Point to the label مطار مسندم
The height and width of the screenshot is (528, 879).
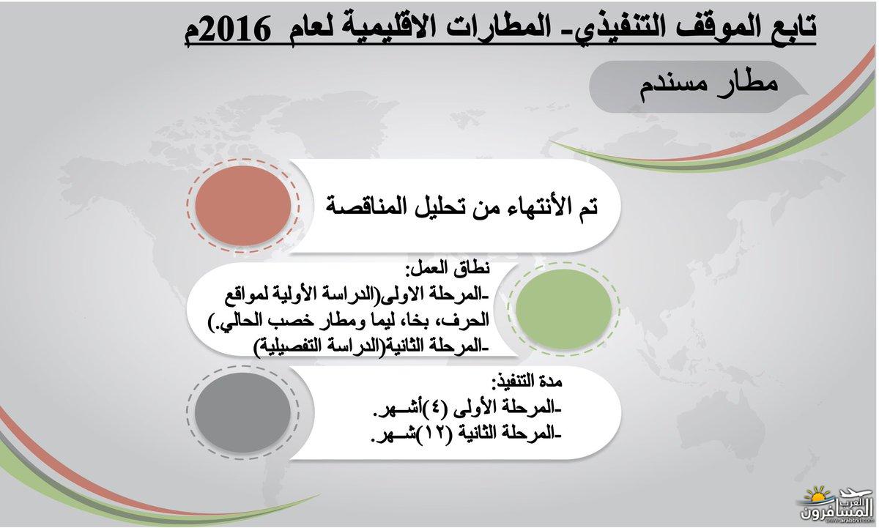click(x=708, y=86)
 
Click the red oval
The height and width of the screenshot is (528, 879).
click(x=243, y=205)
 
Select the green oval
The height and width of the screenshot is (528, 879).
click(x=563, y=309)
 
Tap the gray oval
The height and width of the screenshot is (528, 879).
click(x=242, y=413)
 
